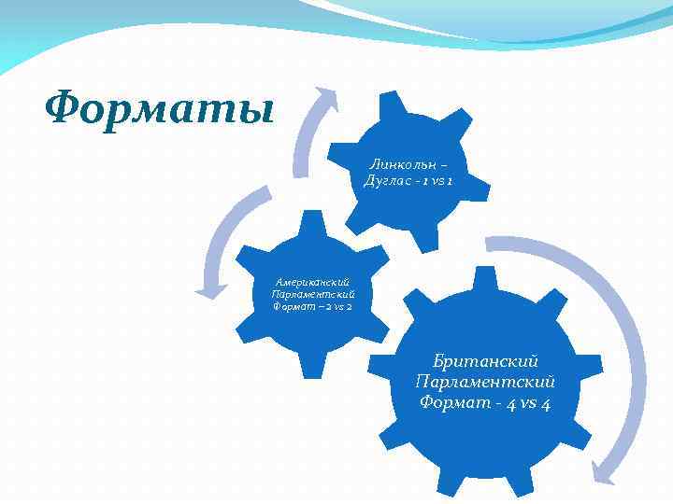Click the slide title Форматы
[x=160, y=109]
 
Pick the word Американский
[x=312, y=280]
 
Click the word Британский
[x=486, y=360]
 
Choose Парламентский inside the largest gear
[x=486, y=382]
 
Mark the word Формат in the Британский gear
[x=456, y=403]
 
